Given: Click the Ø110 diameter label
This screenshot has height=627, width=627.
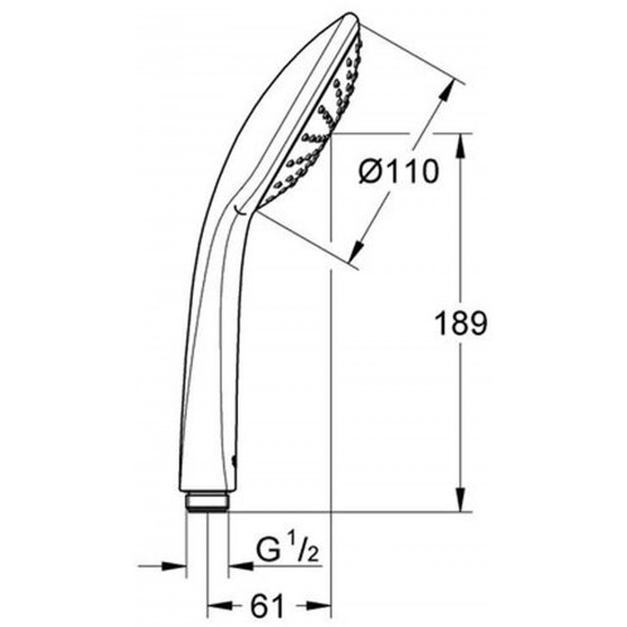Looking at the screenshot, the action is [x=399, y=172].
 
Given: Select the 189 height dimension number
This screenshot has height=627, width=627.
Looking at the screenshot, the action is [x=461, y=324].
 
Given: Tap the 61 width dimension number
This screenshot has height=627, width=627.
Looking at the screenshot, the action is [x=266, y=606].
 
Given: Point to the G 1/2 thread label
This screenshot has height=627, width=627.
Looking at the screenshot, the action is [x=287, y=551].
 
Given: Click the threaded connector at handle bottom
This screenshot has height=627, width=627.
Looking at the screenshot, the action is [x=207, y=501].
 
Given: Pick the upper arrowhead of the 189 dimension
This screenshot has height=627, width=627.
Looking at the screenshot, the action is [x=461, y=147].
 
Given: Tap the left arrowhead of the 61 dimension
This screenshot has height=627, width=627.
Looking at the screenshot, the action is [x=219, y=605].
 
